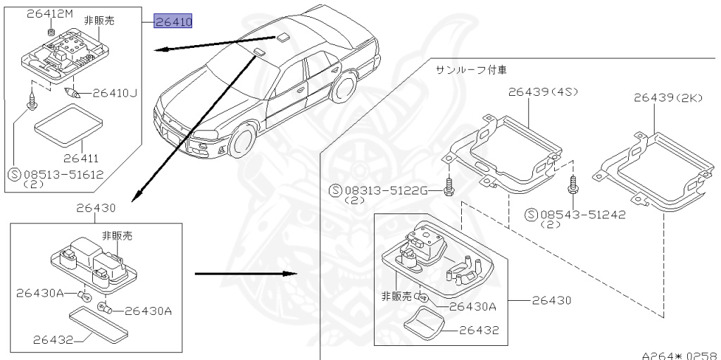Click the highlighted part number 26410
pos(173,23)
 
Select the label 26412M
pos(49,13)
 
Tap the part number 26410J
pos(115,92)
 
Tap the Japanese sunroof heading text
pos(470,70)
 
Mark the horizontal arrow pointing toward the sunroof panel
pos(244,273)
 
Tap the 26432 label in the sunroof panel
pos(479,329)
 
